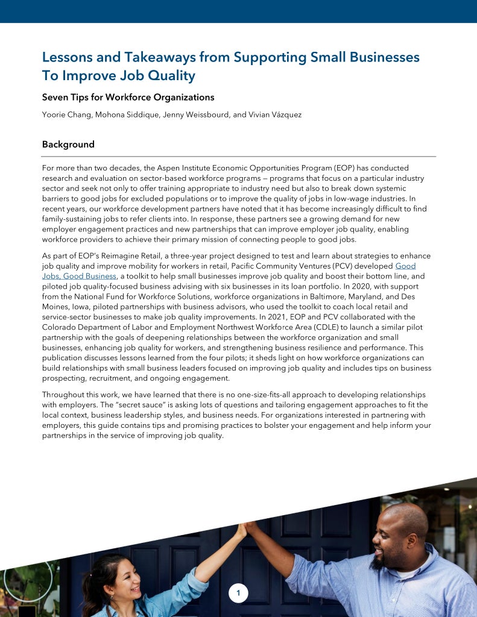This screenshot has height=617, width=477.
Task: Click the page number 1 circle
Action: point(238,594)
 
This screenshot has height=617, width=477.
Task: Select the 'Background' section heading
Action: point(68,145)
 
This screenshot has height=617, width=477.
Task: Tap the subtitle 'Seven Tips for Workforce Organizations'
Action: point(128,97)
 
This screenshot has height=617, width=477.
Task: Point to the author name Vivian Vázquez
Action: point(276,114)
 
